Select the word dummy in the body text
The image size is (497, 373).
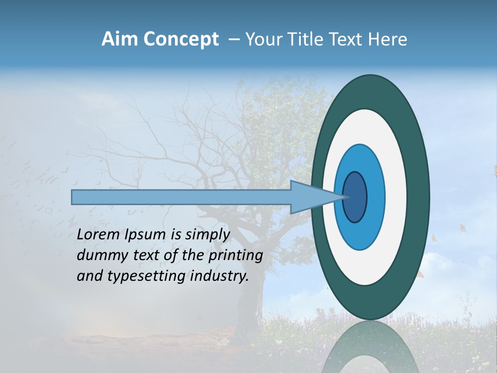pos(98,255)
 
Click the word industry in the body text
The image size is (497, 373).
pos(217,276)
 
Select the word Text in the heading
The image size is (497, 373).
pos(345,39)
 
